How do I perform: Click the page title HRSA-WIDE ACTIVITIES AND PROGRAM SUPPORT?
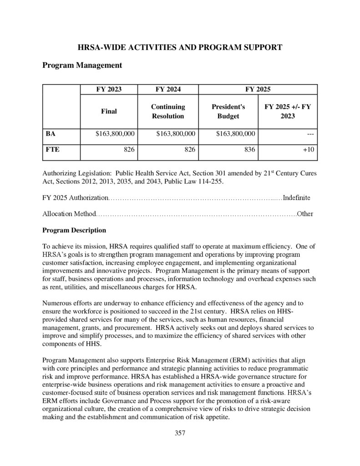click(180, 47)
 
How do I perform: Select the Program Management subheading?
click(82, 66)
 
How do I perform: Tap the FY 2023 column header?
click(109, 89)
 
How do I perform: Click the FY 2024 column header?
click(168, 89)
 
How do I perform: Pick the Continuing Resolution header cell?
click(168, 111)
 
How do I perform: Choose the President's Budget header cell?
click(228, 111)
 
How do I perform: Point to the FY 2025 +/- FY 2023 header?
click(288, 111)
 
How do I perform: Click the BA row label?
click(51, 134)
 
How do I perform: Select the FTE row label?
click(52, 149)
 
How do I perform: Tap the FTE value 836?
click(249, 150)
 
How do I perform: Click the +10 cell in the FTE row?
click(309, 150)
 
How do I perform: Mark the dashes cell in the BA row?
click(310, 134)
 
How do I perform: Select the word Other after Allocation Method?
click(305, 214)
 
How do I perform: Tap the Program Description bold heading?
click(74, 230)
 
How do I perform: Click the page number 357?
click(180, 433)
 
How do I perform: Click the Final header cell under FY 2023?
click(109, 111)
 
